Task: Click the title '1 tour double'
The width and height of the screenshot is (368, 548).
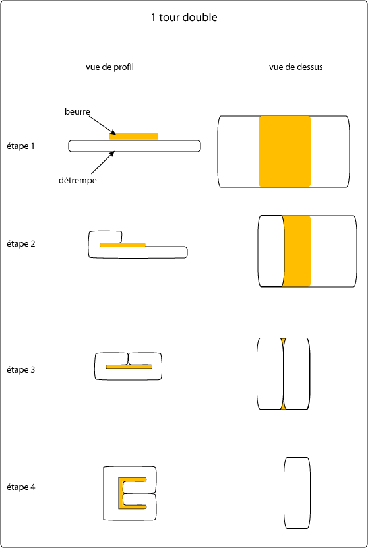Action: click(184, 17)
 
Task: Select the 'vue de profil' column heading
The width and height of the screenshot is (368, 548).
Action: click(109, 67)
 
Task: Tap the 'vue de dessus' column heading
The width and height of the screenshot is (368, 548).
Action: click(295, 67)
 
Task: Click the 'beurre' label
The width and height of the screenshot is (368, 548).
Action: click(77, 112)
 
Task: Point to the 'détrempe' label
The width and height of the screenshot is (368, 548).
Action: click(78, 180)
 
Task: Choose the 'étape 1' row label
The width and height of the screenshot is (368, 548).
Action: click(20, 146)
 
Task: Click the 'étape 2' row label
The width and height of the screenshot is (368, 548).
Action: click(20, 243)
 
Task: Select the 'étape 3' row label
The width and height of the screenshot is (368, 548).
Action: click(20, 369)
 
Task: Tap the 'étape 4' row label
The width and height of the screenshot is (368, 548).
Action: click(20, 487)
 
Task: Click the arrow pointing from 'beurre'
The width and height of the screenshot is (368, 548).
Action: click(102, 125)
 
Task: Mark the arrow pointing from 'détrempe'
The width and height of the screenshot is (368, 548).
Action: click(103, 163)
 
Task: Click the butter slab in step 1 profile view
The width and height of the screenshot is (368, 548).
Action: click(134, 137)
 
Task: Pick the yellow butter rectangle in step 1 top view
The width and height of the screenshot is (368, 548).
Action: click(284, 151)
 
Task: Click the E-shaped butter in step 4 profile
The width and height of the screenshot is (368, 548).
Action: click(121, 493)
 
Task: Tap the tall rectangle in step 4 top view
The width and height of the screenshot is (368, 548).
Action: click(297, 493)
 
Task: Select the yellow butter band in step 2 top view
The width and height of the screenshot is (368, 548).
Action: click(296, 251)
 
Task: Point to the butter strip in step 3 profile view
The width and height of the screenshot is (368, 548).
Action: click(129, 367)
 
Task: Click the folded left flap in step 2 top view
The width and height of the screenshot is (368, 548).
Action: click(271, 251)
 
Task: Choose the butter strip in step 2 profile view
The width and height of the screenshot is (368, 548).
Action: click(122, 245)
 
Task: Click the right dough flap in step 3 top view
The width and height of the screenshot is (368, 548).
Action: click(296, 373)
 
